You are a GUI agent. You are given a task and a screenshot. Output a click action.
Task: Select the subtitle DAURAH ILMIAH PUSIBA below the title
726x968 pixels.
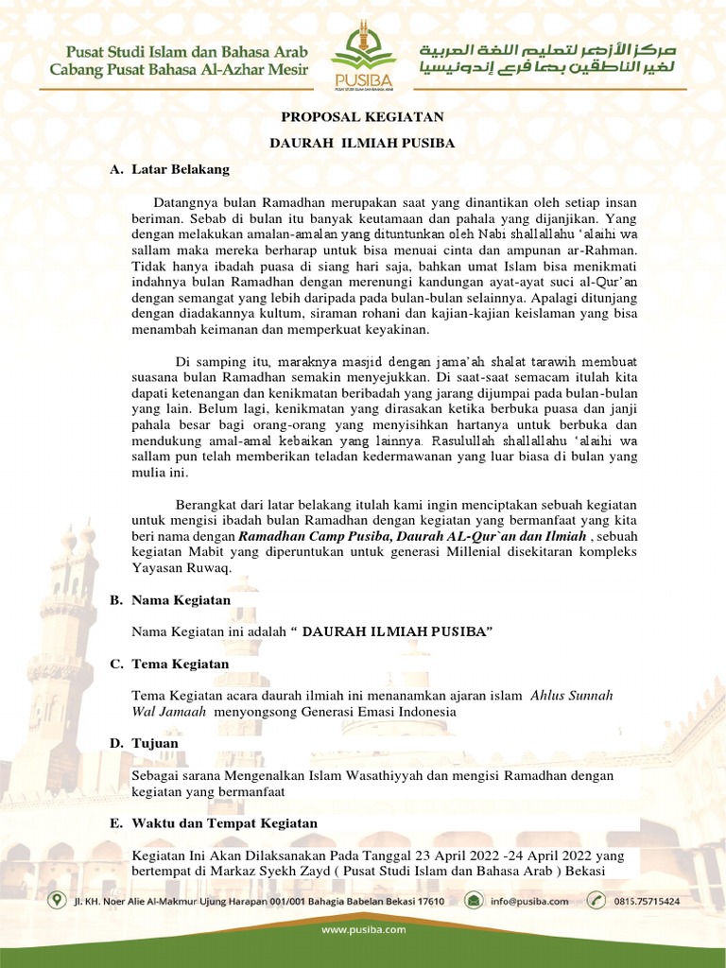point(363,143)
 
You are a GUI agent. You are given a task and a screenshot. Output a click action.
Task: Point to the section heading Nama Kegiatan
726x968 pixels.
point(181,600)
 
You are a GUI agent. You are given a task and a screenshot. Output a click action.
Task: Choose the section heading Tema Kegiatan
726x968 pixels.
point(180,665)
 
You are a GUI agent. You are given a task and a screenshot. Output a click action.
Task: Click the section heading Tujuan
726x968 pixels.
point(155,745)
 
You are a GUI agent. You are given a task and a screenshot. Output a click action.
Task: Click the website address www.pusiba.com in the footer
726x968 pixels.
point(363,930)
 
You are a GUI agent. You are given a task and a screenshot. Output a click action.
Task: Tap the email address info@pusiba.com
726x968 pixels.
point(529,902)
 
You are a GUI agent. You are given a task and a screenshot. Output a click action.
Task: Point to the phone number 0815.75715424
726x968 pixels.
point(646,902)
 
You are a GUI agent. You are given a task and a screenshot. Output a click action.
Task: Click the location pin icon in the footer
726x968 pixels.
point(57,901)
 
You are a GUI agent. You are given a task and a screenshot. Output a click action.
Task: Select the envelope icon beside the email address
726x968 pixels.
point(473,901)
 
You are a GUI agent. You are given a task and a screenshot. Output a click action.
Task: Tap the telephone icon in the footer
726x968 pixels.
point(596,901)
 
